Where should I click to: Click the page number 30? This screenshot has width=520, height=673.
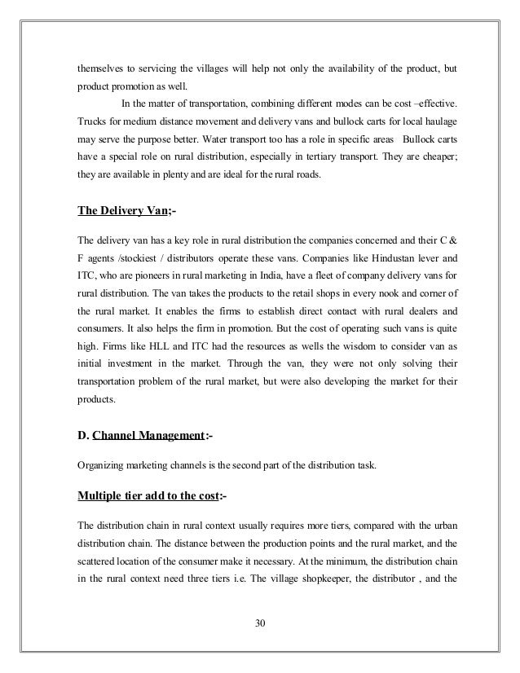point(260,625)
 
